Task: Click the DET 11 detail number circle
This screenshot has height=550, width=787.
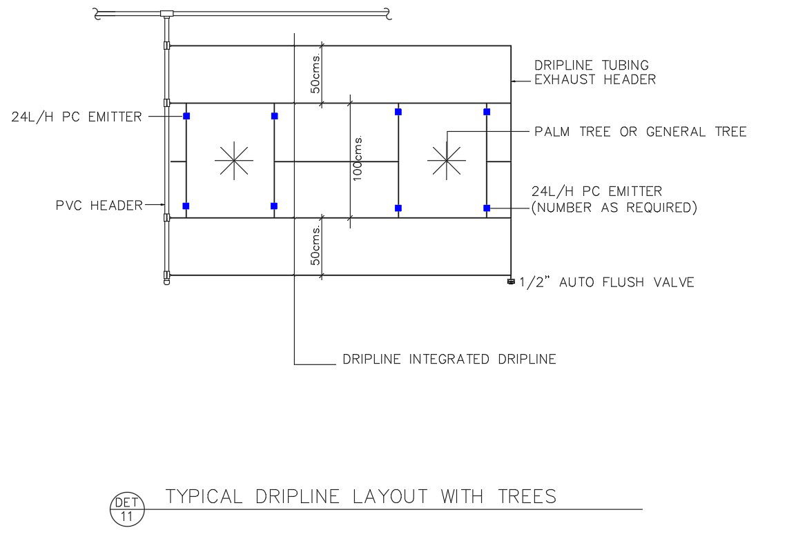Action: (x=127, y=509)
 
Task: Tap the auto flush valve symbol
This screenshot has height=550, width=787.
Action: (x=511, y=282)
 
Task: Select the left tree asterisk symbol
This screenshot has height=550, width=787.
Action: (x=234, y=160)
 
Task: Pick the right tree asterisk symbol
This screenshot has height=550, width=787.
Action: (x=446, y=160)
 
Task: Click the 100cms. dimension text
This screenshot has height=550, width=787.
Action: (x=357, y=158)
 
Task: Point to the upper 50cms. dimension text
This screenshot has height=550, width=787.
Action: (x=315, y=74)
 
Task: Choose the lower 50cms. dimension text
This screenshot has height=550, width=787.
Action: (x=315, y=246)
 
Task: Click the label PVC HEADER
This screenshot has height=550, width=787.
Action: (x=99, y=205)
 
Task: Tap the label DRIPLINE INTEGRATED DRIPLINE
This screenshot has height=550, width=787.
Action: (x=449, y=359)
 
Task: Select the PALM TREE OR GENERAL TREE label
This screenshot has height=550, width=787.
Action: (x=641, y=131)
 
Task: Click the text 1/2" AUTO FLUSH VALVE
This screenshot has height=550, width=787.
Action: (x=606, y=282)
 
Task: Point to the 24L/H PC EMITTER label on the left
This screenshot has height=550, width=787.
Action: (x=76, y=117)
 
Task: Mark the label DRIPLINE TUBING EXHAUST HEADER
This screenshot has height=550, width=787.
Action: (x=595, y=72)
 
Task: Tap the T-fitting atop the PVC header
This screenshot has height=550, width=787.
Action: (x=166, y=13)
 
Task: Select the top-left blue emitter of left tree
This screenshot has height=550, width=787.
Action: (x=186, y=116)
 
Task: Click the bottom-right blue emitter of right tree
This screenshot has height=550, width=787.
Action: (x=487, y=208)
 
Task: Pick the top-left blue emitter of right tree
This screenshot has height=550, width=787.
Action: (x=398, y=112)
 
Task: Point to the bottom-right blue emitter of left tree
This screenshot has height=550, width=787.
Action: (x=274, y=206)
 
